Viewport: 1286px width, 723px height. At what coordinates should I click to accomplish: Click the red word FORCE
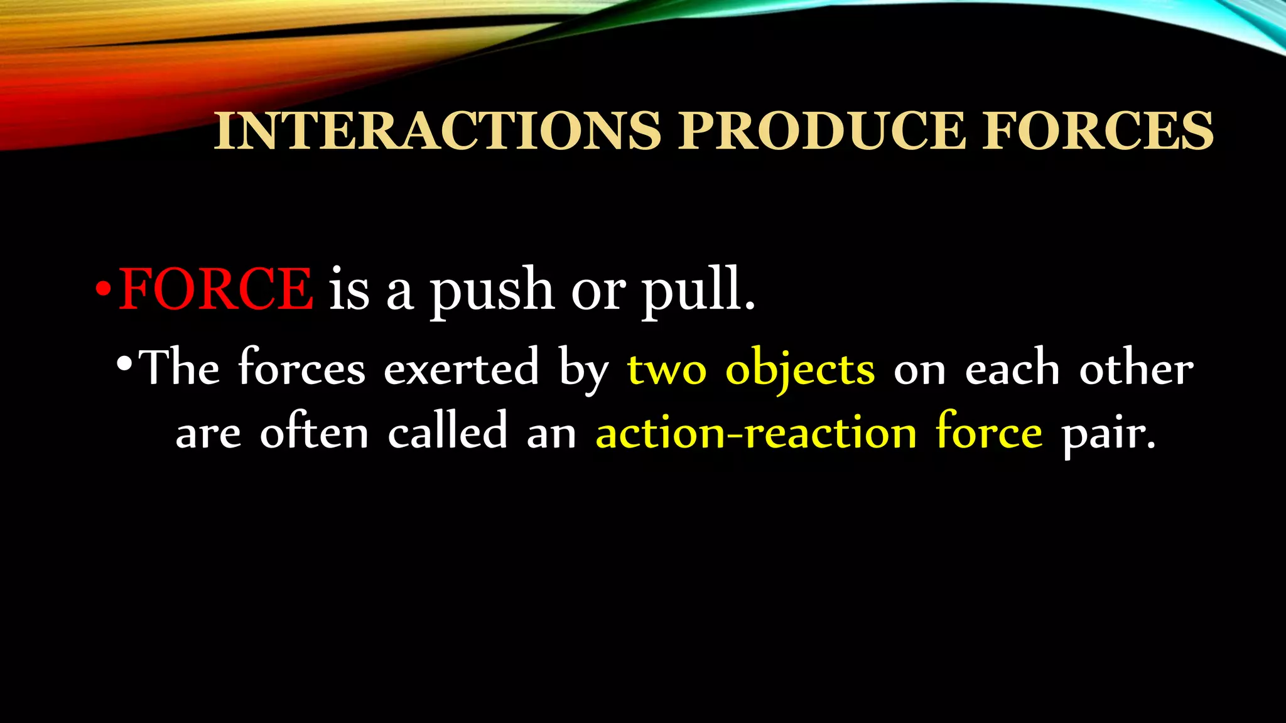pos(215,289)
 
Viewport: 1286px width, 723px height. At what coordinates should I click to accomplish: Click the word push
pos(492,290)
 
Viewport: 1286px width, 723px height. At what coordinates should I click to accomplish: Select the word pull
pos(698,290)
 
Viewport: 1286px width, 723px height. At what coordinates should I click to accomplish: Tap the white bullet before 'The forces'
pos(124,365)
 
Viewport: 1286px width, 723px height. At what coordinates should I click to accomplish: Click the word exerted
pos(462,368)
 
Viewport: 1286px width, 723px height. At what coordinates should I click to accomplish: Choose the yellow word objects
pos(800,370)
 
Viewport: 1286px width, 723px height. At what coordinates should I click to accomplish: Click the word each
pos(1012,369)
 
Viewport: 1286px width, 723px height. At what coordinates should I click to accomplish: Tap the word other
pos(1136,369)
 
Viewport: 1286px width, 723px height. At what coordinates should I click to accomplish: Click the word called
pos(448,432)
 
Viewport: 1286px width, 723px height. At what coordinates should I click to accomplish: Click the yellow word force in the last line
pos(989,432)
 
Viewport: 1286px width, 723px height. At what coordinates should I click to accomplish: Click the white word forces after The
pos(301,368)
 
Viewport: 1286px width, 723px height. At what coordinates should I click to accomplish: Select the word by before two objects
pos(584,370)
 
